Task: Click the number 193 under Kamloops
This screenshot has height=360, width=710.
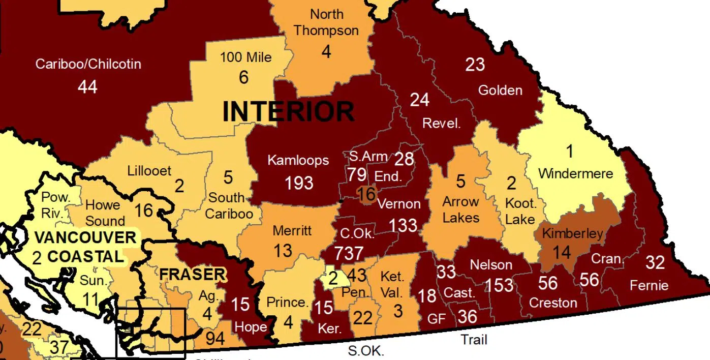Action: click(299, 183)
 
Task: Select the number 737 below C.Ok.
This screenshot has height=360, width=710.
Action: click(349, 253)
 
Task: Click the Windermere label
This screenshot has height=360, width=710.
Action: click(575, 173)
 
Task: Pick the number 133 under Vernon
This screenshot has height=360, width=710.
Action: click(403, 225)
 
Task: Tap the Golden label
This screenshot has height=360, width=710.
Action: click(500, 91)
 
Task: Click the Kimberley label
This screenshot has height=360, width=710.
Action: click(572, 234)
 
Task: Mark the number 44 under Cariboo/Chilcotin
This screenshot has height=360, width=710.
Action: click(87, 87)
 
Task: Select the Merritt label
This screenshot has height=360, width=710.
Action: click(292, 230)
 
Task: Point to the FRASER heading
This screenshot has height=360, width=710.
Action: click(192, 275)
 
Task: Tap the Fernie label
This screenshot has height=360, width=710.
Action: click(649, 285)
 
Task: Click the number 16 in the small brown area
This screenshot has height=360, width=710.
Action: click(366, 194)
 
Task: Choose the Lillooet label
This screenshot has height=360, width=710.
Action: click(149, 170)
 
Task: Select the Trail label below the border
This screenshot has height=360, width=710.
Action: click(474, 339)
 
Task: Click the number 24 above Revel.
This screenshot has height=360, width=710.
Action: click(419, 100)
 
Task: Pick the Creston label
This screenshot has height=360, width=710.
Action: click(552, 303)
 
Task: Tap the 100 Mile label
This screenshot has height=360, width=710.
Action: click(245, 57)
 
